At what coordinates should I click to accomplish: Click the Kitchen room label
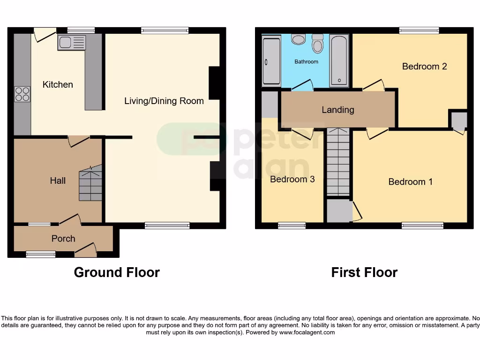(58, 84)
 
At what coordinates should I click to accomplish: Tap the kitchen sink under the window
(71, 43)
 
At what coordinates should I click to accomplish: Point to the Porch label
(63, 239)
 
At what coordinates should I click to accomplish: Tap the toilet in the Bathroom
(318, 44)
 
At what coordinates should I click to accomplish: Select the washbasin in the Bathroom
(298, 39)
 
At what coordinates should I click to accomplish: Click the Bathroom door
(302, 86)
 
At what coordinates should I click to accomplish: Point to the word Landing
(337, 110)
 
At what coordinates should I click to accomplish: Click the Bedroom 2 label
(424, 66)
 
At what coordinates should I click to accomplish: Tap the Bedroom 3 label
(292, 179)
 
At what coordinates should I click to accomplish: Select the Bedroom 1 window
(422, 225)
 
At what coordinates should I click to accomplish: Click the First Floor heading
(364, 272)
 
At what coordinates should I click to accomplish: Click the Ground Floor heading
(117, 272)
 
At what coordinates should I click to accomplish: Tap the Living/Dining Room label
(164, 101)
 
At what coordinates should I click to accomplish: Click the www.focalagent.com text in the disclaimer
(307, 332)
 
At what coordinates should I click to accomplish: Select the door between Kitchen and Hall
(79, 140)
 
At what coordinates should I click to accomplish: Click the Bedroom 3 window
(292, 225)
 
